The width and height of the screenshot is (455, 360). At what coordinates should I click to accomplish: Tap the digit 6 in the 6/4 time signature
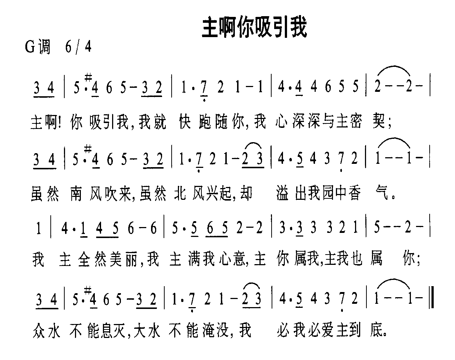[x=68, y=47]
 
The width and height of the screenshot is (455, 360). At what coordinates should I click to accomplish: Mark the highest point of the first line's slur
[x=394, y=66]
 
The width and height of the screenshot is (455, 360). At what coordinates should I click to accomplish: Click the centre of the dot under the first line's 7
[x=204, y=100]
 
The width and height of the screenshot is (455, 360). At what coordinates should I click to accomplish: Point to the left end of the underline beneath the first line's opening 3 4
[x=33, y=97]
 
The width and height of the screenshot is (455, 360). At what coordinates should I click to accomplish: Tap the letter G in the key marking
[x=30, y=47]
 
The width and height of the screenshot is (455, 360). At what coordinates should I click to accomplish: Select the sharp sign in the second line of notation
[x=88, y=149]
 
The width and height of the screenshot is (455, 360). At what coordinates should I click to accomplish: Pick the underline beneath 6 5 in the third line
[x=216, y=237]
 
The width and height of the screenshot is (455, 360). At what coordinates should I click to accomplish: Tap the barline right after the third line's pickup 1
[x=51, y=227]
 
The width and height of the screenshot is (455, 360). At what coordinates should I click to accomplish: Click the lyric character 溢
[x=282, y=193]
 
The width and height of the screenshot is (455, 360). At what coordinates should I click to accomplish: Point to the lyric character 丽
[x=131, y=260]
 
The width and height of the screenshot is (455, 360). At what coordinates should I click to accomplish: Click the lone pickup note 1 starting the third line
[x=38, y=228]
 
